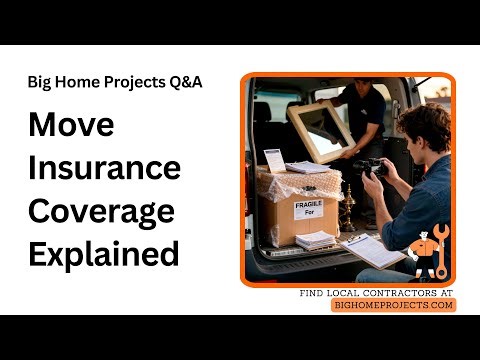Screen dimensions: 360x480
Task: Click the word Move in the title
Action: click(71, 127)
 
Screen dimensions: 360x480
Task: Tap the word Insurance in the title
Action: click(104, 169)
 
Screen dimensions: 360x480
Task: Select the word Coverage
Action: click(101, 212)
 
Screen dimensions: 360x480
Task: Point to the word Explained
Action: click(104, 254)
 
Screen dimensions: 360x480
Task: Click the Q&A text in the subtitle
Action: click(184, 82)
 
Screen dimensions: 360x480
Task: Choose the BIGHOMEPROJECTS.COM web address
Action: click(393, 305)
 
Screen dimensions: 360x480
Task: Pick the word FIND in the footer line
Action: click(312, 293)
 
